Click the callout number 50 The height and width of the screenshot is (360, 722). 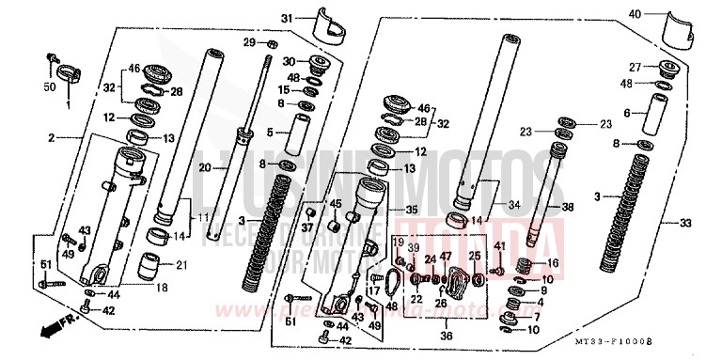click(x=51, y=87)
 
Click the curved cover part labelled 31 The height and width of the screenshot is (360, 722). click(x=324, y=21)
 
